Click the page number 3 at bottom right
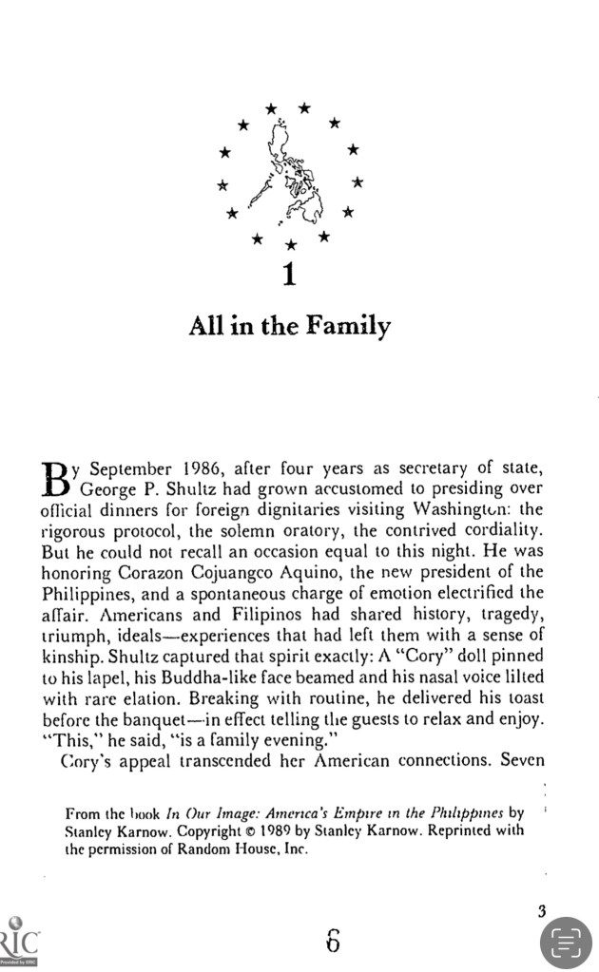[541, 912]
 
